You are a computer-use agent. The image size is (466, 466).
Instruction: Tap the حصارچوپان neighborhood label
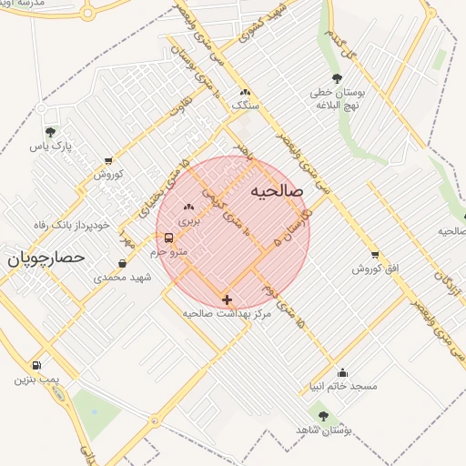pos(46,258)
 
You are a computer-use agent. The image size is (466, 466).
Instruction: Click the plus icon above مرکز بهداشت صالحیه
pos(227,299)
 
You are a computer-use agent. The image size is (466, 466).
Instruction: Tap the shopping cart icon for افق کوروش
pos(374,255)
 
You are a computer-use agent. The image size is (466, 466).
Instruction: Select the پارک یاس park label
pos(49,146)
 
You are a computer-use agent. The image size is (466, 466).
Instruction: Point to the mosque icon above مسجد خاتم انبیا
pos(342,372)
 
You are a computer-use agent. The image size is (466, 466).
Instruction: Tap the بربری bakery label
pos(187,220)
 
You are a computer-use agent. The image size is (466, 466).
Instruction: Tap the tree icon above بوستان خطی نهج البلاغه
pos(338,78)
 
